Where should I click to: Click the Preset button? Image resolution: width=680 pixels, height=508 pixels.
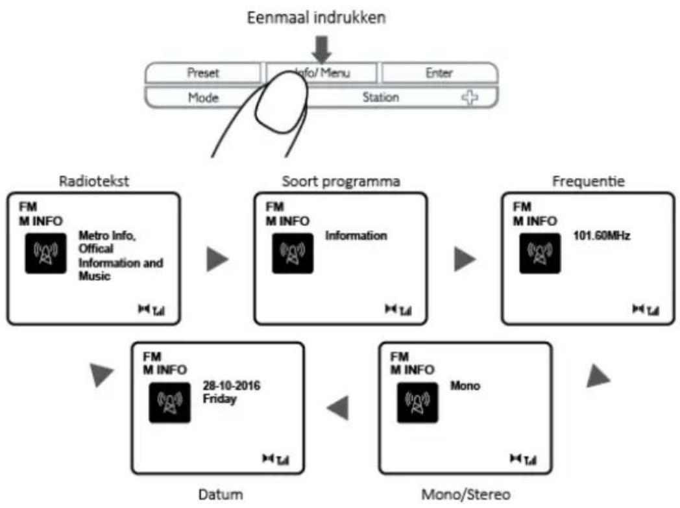pos(203,73)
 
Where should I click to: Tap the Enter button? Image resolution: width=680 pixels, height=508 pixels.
pos(439,73)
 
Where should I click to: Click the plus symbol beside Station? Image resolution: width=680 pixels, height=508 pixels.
pos(470,97)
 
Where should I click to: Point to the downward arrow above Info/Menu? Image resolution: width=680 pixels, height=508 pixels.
pos(321,49)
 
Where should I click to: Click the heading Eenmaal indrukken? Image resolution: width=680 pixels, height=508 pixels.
pos(316,18)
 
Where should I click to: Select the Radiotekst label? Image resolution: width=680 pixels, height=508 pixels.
pos(93,181)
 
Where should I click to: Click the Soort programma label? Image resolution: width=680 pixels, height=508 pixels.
pos(341,181)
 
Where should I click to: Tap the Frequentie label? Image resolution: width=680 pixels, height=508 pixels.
pos(589,181)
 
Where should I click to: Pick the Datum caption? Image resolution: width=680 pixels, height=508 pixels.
pos(221,494)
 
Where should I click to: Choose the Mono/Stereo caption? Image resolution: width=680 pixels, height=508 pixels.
pos(466,494)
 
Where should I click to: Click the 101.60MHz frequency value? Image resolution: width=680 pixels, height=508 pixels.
pos(601,236)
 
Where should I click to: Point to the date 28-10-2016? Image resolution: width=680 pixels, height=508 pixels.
pos(232,386)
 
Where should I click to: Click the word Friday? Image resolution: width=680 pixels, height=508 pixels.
pos(220,399)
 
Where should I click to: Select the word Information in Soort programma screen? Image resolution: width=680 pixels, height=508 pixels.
pos(356,236)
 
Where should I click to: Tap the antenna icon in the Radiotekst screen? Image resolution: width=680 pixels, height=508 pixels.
pos(45,253)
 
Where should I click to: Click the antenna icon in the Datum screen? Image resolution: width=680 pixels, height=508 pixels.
pos(169,403)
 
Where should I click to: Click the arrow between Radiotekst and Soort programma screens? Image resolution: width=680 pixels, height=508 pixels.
pos(217,259)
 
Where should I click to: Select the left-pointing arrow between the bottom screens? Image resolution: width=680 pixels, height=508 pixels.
pos(338,408)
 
